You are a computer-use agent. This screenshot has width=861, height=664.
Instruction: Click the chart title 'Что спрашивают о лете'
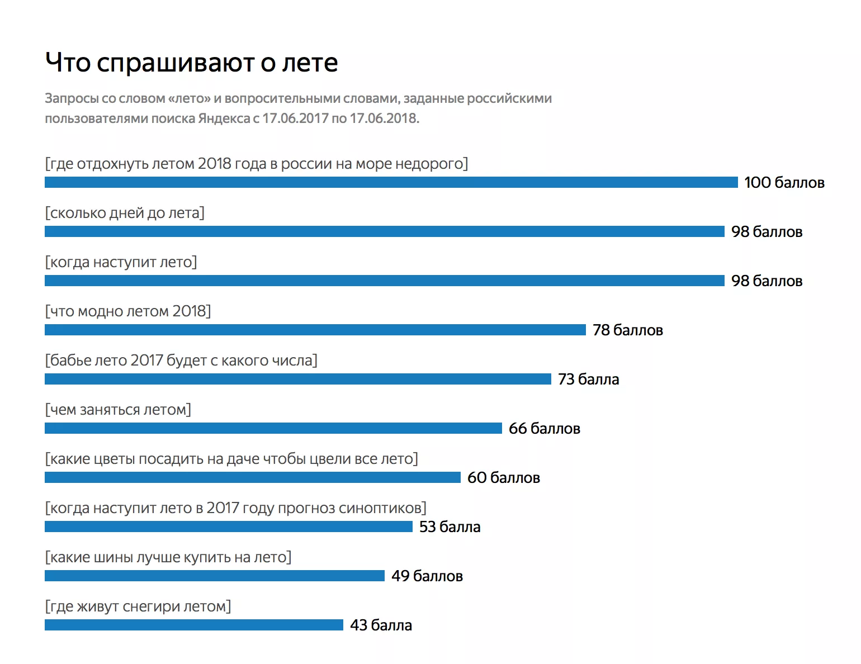click(x=191, y=62)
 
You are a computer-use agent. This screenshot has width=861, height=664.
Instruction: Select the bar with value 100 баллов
click(x=391, y=182)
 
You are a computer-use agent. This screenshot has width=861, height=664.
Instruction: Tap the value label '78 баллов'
click(x=627, y=330)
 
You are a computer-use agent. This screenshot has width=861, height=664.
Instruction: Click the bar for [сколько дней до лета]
click(x=385, y=231)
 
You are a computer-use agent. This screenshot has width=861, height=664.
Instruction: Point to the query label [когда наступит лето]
click(x=121, y=262)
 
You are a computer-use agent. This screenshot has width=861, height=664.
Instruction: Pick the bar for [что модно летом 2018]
click(x=315, y=330)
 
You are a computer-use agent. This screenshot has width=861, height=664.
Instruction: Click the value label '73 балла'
click(x=588, y=380)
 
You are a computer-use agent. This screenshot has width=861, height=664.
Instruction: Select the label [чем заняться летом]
click(x=118, y=410)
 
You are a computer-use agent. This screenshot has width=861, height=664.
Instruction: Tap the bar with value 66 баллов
click(x=273, y=428)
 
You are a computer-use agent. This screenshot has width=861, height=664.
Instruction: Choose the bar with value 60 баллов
click(x=253, y=477)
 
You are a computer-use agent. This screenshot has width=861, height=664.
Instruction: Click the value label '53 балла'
click(x=450, y=527)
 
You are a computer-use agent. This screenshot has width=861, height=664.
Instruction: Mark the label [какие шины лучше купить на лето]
click(x=168, y=557)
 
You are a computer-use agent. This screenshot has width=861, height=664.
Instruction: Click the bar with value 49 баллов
click(x=215, y=576)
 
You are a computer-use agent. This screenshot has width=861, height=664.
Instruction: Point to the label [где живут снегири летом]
click(x=138, y=606)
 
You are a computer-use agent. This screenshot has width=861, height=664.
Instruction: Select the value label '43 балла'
click(x=381, y=625)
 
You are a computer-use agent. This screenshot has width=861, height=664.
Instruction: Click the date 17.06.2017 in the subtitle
click(x=295, y=118)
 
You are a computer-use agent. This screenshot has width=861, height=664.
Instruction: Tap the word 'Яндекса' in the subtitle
click(x=224, y=118)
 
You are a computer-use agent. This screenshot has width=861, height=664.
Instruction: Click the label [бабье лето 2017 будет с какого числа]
click(x=181, y=361)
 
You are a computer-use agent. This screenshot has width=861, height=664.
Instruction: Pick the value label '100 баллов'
click(x=784, y=183)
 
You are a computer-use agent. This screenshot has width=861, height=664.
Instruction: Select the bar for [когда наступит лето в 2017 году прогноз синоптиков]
click(x=229, y=527)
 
